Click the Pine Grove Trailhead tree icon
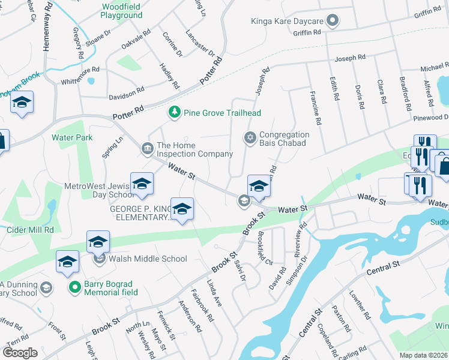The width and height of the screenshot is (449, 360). click(x=175, y=112)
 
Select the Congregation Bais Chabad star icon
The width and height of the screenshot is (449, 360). click(x=250, y=139)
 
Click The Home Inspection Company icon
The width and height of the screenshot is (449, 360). click(x=147, y=148)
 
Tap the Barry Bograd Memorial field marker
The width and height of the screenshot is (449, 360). click(x=74, y=287)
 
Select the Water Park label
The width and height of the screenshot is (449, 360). click(x=72, y=137)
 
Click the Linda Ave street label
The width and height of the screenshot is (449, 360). click(x=215, y=293)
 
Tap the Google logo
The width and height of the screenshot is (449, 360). click(x=20, y=352)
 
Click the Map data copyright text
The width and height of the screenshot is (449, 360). click(x=424, y=355)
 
